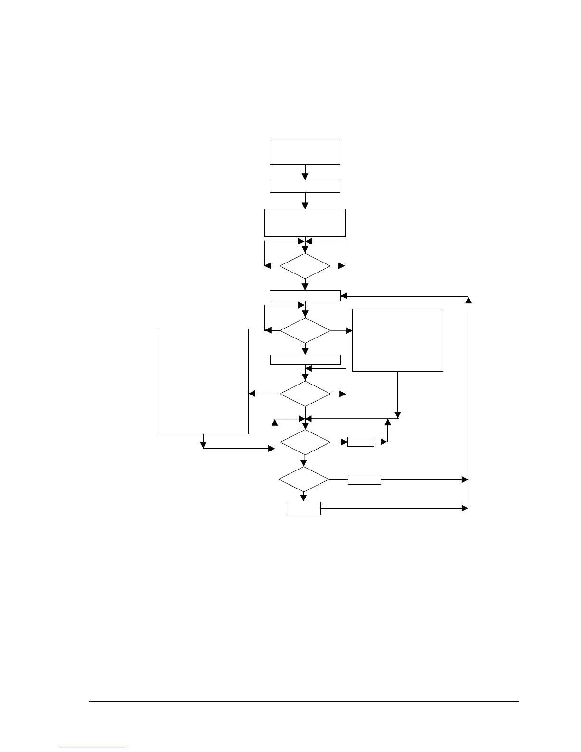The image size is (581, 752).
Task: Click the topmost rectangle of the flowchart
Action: click(x=305, y=152)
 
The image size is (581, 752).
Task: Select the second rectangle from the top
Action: click(x=305, y=186)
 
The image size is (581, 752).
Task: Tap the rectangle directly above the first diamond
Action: click(x=305, y=222)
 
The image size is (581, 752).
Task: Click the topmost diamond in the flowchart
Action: click(x=305, y=266)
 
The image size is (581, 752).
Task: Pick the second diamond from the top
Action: click(x=305, y=330)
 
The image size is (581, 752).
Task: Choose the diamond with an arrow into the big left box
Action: click(x=305, y=394)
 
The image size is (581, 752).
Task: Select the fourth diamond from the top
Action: click(x=305, y=442)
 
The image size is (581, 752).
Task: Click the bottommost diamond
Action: click(x=304, y=479)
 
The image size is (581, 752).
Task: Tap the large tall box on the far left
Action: click(x=203, y=381)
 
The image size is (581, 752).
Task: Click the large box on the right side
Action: click(x=398, y=339)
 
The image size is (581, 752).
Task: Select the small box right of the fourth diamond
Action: click(x=361, y=442)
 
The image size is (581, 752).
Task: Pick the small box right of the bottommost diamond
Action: click(x=365, y=479)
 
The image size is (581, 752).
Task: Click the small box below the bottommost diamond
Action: click(x=304, y=508)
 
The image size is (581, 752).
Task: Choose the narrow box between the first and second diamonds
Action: click(x=305, y=295)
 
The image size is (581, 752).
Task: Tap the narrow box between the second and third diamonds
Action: click(x=305, y=359)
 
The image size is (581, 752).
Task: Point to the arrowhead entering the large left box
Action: click(x=252, y=394)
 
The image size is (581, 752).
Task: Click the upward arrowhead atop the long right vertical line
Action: click(x=469, y=300)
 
